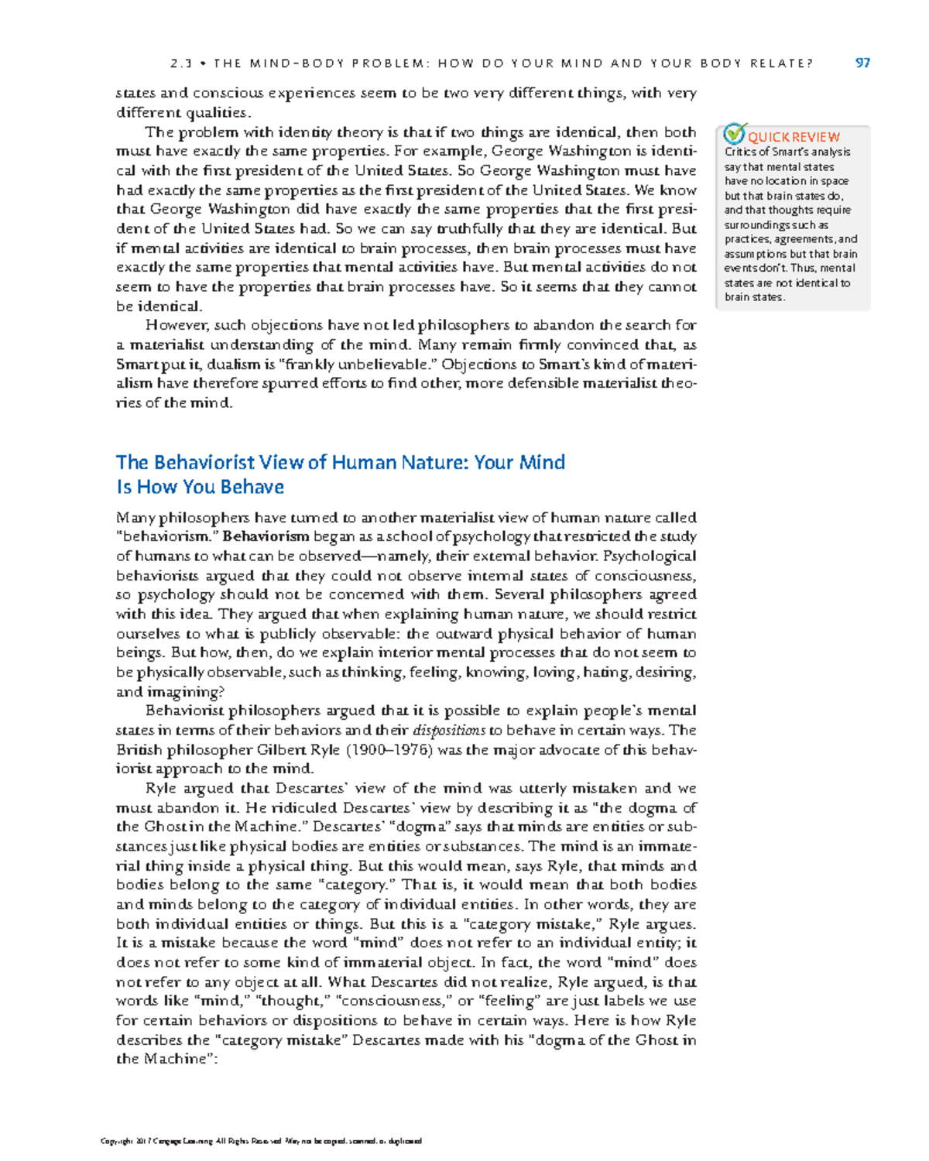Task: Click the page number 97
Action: click(862, 63)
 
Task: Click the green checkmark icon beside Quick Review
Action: click(734, 134)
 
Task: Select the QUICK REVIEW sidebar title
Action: click(794, 137)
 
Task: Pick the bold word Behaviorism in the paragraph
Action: click(266, 536)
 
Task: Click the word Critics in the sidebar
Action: click(740, 152)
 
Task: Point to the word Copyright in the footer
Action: click(117, 1141)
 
